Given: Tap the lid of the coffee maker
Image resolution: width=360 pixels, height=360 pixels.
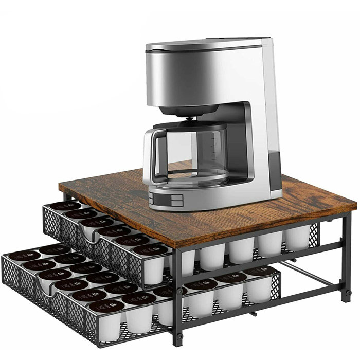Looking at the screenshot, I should click(x=206, y=45).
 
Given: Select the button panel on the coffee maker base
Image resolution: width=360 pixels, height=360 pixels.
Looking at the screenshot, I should click(x=167, y=197).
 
